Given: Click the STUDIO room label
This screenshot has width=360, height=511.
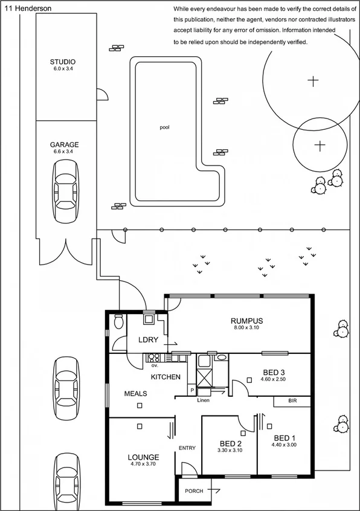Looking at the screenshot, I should [63, 62].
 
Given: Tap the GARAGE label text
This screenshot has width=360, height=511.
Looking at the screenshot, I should [64, 145].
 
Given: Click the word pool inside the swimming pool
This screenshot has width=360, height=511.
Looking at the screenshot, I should [164, 127].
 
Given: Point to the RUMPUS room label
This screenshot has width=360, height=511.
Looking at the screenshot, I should [247, 321].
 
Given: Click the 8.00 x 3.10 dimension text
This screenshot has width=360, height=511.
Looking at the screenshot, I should [247, 328].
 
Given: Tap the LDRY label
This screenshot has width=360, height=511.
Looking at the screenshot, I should [148, 339].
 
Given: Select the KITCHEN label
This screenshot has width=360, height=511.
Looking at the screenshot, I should [166, 377].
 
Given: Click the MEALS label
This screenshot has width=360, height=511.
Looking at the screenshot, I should [136, 394].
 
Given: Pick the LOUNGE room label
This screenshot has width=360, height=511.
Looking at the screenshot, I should [143, 457].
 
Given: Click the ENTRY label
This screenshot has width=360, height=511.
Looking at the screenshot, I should [187, 448].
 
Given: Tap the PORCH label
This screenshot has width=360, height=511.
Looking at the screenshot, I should [194, 491].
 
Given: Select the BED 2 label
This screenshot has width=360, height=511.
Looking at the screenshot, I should [229, 443].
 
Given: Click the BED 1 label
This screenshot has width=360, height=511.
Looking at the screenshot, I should [285, 438].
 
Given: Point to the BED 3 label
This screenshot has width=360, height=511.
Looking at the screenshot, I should [274, 371].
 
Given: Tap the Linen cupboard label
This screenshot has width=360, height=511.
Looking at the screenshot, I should [203, 400].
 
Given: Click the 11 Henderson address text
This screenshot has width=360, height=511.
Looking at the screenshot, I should [28, 9].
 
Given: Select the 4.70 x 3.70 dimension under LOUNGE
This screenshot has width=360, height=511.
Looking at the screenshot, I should [143, 464].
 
